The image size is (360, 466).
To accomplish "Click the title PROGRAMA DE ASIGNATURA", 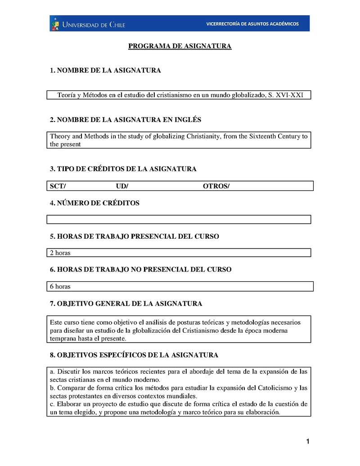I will click(180, 46).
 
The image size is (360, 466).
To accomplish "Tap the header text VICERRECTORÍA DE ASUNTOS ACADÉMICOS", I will click(252, 24).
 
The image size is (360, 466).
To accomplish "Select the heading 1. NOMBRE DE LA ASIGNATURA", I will click(105, 71).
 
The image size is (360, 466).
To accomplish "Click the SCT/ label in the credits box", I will click(58, 186).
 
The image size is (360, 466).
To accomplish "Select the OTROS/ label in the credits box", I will click(216, 186).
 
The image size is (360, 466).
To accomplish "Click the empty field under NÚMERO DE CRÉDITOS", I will click(179, 219).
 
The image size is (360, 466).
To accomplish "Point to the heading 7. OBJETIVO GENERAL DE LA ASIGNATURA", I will click(126, 304).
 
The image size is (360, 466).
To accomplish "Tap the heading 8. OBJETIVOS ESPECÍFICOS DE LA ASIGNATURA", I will click(134, 355).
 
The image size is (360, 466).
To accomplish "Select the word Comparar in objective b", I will click(72, 388).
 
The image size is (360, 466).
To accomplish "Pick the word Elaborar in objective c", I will click(70, 404).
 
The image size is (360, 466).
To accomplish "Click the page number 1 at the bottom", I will click(308, 442).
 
